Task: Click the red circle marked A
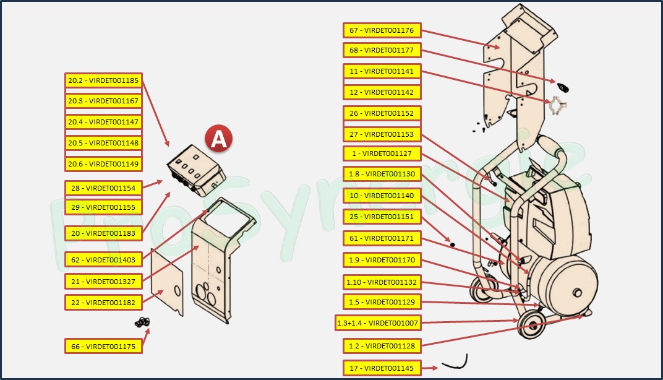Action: click(218, 139)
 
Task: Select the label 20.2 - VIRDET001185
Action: click(103, 80)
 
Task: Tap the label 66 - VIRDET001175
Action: click(103, 346)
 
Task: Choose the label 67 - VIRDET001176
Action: click(382, 30)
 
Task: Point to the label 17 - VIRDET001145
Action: click(382, 368)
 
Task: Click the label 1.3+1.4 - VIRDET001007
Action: click(377, 323)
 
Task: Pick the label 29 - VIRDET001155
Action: click(103, 207)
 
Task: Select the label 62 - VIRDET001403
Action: click(103, 260)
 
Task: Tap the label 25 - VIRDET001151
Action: click(382, 217)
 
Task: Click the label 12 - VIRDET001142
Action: click(382, 92)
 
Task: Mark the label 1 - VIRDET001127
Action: click(382, 153)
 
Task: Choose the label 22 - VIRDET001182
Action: click(103, 303)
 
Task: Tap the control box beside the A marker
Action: click(195, 170)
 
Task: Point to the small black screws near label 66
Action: click(143, 322)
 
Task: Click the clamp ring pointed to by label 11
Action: click(558, 105)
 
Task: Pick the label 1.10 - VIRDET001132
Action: click(382, 283)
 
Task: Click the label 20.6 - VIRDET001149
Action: click(103, 164)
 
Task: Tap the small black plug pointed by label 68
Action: click(562, 87)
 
